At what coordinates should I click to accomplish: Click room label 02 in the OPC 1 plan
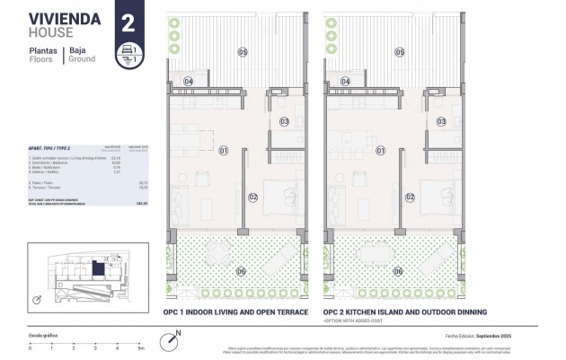(252, 197)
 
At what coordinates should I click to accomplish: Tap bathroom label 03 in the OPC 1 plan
(284, 120)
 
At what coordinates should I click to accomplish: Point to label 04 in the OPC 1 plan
(190, 82)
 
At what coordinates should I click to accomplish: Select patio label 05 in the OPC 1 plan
(242, 52)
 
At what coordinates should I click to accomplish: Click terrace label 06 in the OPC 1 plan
(240, 271)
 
